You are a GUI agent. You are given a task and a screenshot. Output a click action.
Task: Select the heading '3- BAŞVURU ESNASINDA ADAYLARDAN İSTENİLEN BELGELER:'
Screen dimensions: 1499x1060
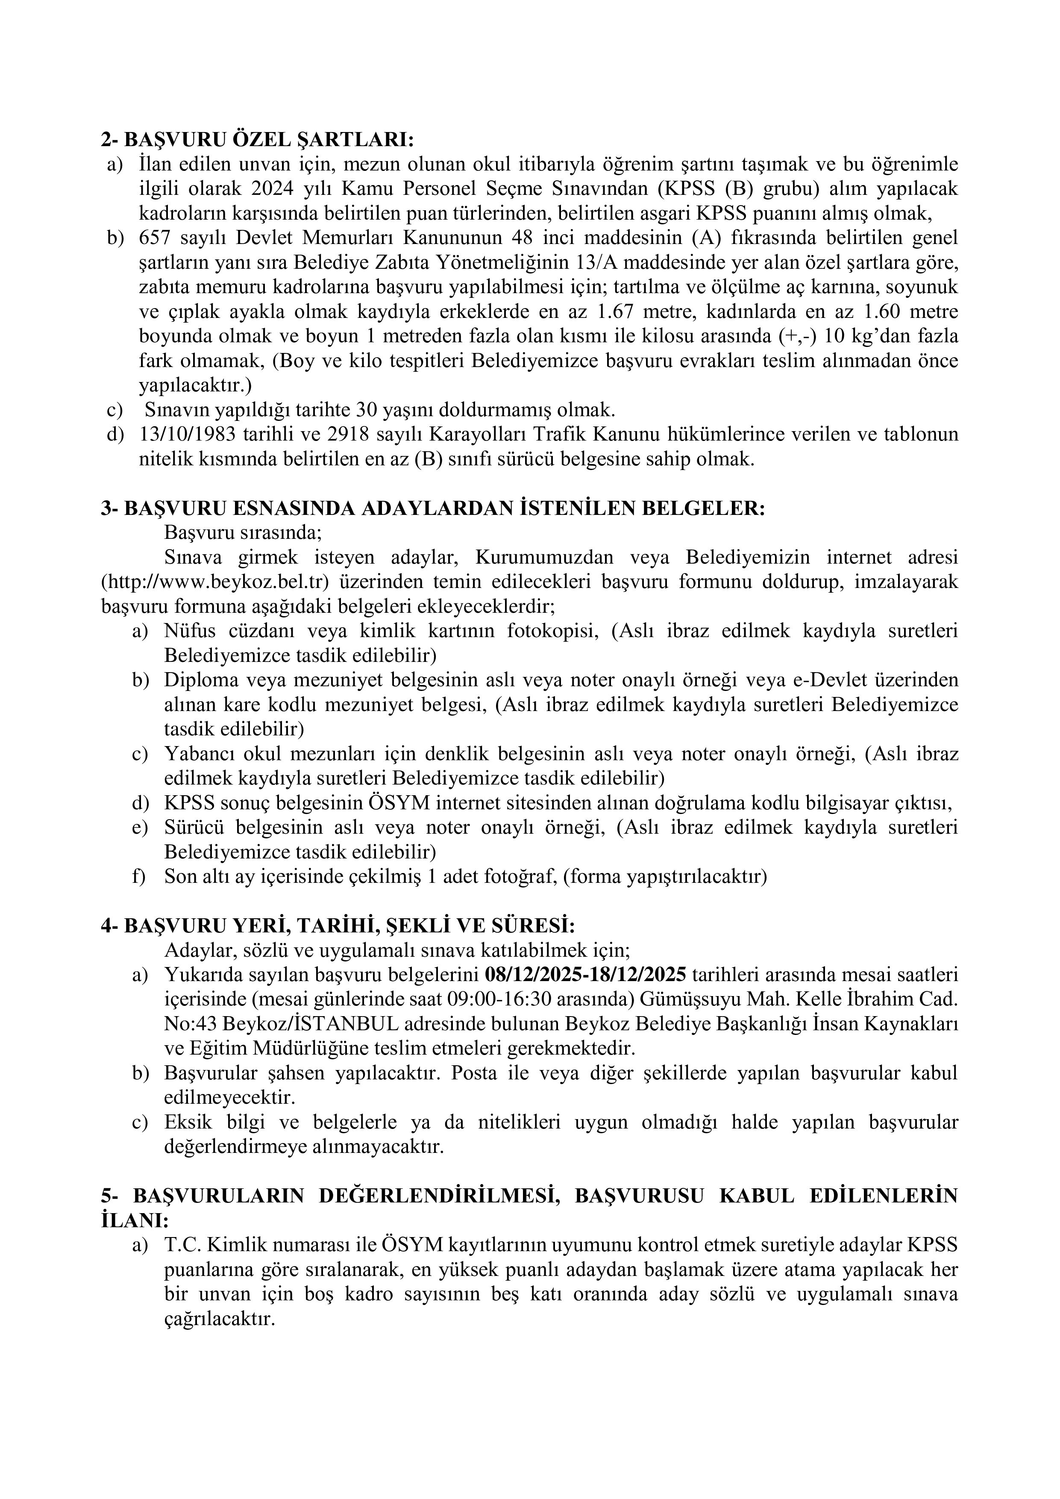point(433,508)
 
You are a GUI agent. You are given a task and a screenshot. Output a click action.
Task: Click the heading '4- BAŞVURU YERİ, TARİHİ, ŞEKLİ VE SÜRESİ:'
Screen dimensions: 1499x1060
point(338,926)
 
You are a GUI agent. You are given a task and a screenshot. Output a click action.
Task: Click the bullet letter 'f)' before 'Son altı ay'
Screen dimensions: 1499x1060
point(139,876)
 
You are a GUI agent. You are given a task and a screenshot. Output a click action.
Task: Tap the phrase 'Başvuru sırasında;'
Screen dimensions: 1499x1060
point(243,533)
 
